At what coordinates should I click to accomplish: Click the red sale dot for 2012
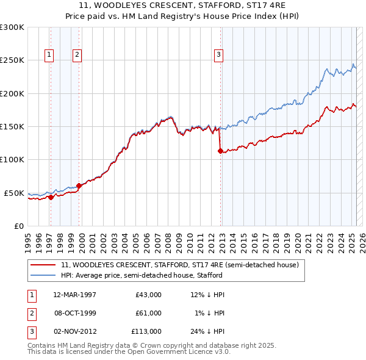click(220, 151)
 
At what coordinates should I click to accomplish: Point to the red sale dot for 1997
click(51, 197)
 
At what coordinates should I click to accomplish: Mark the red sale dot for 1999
click(79, 185)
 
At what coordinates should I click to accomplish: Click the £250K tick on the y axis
click(12, 60)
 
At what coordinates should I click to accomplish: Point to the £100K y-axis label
click(12, 160)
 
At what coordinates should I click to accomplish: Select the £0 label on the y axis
click(19, 226)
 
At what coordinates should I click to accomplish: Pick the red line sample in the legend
click(43, 265)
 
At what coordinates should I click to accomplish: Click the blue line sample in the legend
click(43, 275)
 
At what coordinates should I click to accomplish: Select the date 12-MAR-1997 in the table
click(74, 295)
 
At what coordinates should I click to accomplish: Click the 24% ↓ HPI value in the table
click(207, 331)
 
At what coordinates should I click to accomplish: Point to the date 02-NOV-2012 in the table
click(74, 331)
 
